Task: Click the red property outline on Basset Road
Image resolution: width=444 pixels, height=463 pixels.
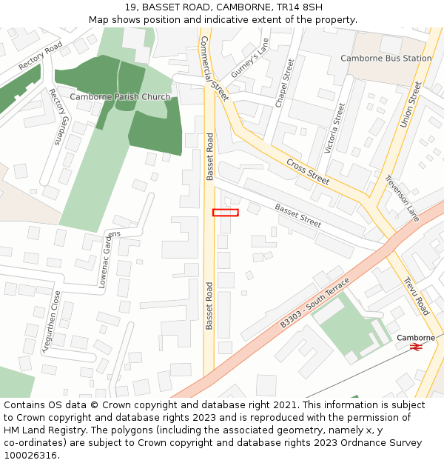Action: [226, 213]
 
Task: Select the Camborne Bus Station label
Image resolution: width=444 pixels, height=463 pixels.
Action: [386, 58]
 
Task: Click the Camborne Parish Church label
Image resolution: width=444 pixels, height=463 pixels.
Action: [120, 97]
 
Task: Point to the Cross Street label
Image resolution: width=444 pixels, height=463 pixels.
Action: [308, 171]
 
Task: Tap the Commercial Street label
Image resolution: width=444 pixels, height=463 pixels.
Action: [215, 68]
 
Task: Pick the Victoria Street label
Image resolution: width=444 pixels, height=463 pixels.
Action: [335, 127]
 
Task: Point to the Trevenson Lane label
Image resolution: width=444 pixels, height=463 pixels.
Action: [402, 198]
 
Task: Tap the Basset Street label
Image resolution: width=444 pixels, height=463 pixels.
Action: [298, 216]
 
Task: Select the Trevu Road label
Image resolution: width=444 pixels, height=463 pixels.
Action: [416, 296]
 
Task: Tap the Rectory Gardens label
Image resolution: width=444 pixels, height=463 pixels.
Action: [58, 116]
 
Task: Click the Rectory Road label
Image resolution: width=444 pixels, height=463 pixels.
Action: [41, 56]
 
